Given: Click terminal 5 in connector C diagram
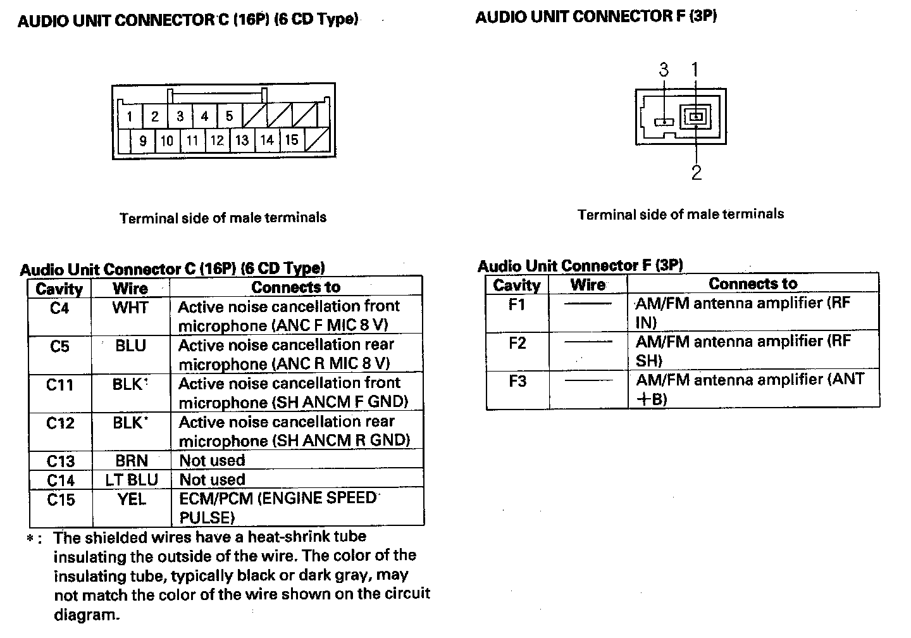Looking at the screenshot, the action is point(229,116).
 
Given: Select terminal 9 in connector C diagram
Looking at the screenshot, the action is point(142,140).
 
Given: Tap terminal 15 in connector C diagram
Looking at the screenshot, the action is point(291,140).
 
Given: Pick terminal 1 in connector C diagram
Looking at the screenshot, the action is point(130,116).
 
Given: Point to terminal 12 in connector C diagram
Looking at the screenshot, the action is point(217,140).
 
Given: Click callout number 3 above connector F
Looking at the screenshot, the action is point(664,69).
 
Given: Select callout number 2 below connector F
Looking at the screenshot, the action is point(697,173).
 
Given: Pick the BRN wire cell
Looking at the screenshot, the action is point(131,460).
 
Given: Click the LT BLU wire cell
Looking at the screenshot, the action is point(131,480).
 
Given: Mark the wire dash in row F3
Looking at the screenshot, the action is point(588,381).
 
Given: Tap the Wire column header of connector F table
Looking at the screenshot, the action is point(588,285).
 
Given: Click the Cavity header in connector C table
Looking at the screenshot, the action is point(59,289).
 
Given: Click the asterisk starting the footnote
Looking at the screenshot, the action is point(30,539).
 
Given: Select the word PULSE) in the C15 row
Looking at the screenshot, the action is point(207,518).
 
